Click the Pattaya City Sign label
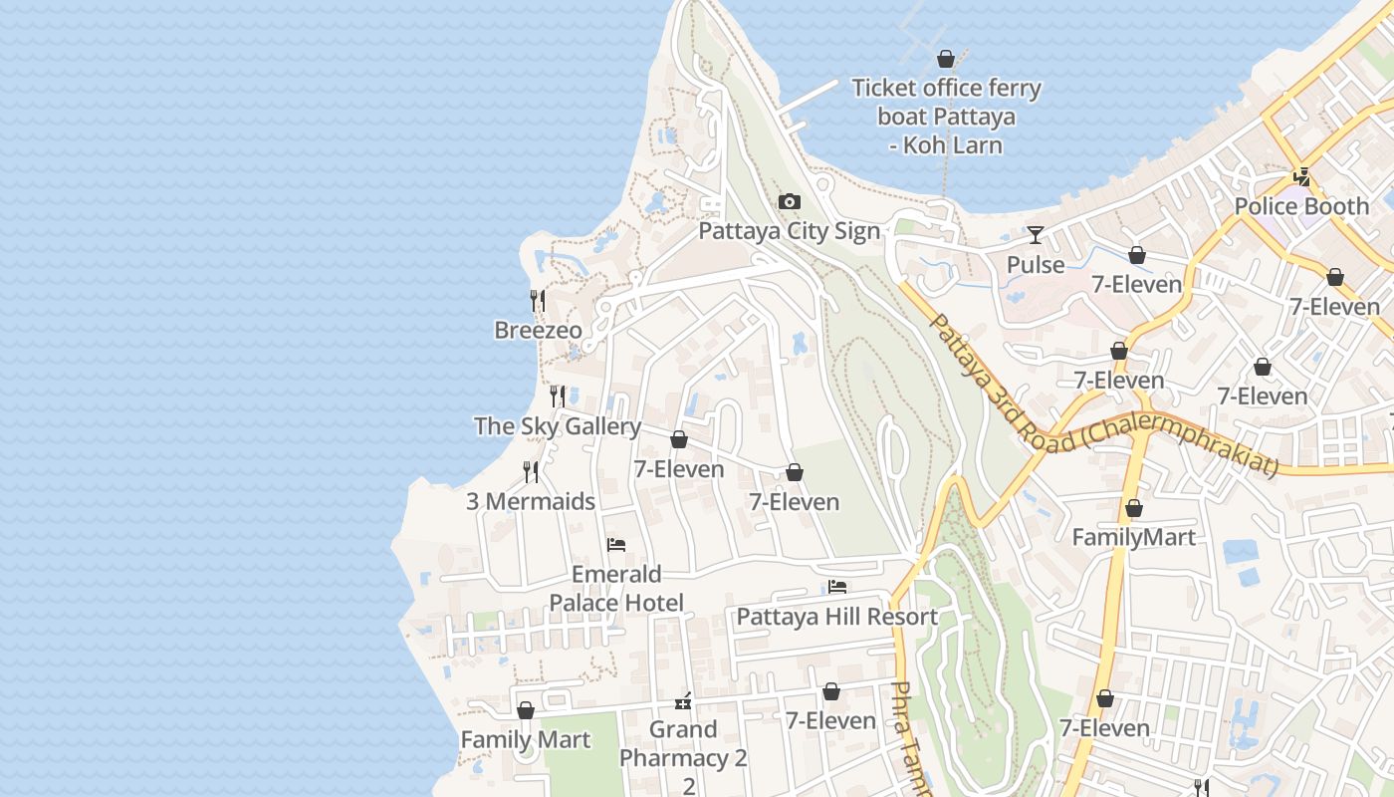789,231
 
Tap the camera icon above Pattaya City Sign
789,202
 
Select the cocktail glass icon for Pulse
1036,235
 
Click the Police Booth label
1301,206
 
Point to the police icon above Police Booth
1301,177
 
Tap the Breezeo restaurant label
538,330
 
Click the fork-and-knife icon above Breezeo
538,300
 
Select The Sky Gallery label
558,426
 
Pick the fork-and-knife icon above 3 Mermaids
531,472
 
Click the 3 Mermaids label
531,501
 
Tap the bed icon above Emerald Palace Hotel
616,545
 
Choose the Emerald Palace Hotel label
616,589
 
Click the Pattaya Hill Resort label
836,617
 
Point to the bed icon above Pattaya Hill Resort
836,588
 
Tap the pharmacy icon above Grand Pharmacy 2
683,700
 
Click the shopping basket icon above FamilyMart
1133,509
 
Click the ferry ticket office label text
946,117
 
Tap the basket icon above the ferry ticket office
946,59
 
